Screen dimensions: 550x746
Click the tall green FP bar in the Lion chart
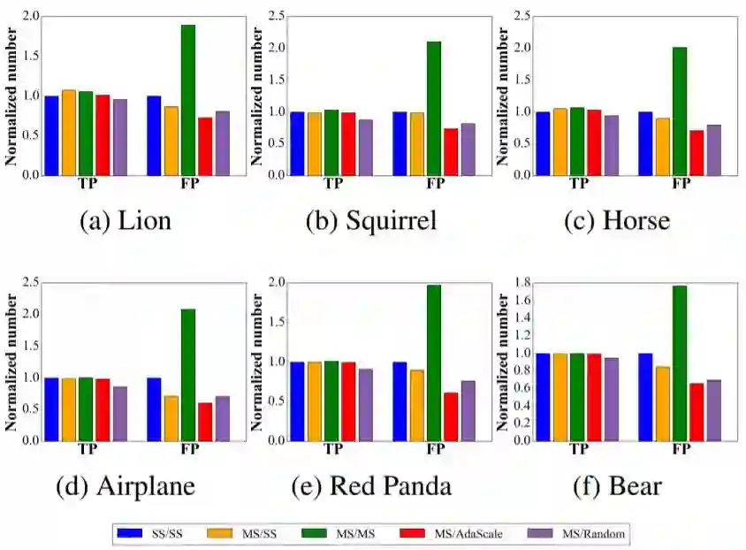point(187,100)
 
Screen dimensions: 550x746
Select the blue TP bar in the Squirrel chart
point(298,143)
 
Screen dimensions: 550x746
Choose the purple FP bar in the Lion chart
point(222,142)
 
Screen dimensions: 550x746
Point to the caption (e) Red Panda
point(376,486)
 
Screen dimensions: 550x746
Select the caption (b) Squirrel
point(371,221)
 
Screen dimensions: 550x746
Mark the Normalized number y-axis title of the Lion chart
point(11,95)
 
